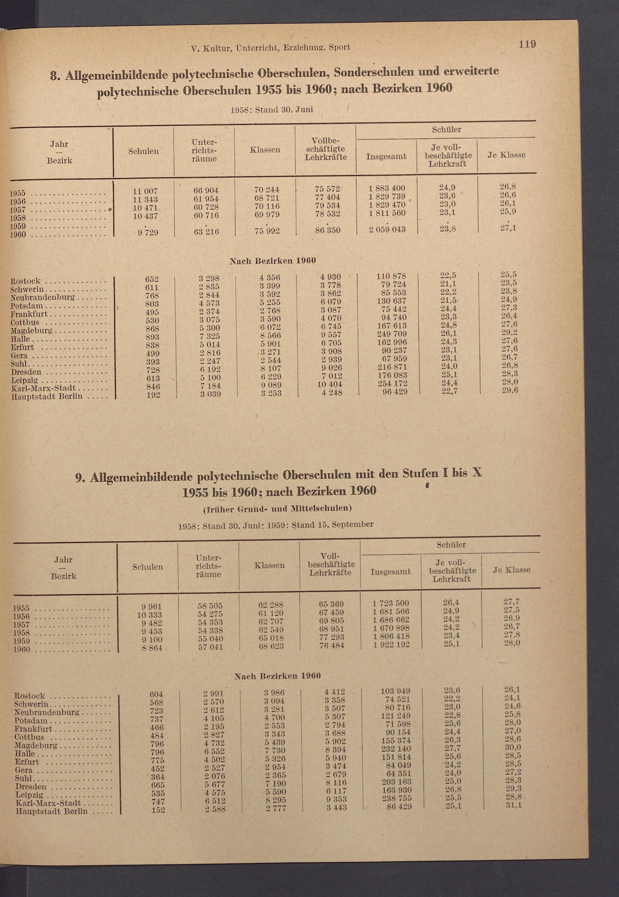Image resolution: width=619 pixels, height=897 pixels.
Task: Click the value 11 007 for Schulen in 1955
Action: [145, 191]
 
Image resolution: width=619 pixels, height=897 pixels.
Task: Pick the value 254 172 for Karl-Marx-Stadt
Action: [392, 383]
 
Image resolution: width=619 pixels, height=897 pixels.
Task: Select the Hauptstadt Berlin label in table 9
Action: [51, 811]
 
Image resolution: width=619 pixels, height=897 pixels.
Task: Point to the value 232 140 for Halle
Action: [396, 749]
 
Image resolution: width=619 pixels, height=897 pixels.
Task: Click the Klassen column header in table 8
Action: [265, 150]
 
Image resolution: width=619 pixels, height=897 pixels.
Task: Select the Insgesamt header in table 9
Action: [390, 572]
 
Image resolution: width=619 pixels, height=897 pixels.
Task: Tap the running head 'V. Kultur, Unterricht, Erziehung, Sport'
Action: [271, 48]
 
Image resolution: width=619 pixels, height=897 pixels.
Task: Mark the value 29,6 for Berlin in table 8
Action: [509, 390]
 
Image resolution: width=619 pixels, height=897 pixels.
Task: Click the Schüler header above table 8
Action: [446, 130]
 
